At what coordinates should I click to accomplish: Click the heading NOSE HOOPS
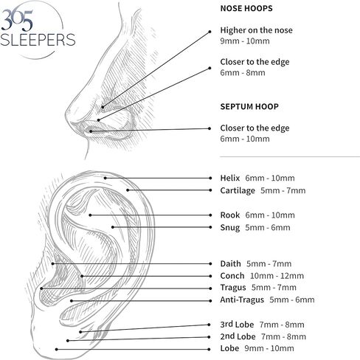point(246,8)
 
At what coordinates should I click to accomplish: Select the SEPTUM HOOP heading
point(249,106)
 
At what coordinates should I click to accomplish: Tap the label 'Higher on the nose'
point(256,30)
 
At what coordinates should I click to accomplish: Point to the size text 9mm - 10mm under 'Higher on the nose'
point(245,41)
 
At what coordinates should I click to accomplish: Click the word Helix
point(230,178)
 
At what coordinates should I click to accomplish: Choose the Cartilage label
point(238,190)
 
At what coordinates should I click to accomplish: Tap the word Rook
point(230,215)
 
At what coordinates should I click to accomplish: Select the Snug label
point(230,227)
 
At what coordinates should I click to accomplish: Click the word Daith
point(230,263)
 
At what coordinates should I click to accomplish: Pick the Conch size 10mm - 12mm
point(277,276)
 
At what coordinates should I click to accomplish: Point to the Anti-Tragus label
point(242,300)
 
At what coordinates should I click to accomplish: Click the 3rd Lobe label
point(237,325)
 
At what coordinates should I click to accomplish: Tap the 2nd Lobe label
point(238,336)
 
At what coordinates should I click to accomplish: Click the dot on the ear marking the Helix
point(105,178)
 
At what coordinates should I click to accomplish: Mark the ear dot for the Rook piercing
point(90,215)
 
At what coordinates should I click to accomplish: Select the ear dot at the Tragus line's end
point(41,288)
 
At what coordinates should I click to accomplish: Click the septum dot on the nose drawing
point(91,131)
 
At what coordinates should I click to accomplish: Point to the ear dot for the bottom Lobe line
point(57,349)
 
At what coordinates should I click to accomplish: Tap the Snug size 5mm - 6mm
point(268,227)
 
